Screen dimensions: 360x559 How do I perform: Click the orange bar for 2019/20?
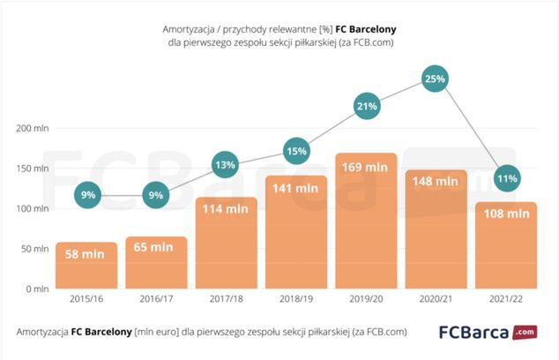pyautogui.click(x=366, y=221)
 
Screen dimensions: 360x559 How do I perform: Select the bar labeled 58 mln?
pyautogui.click(x=86, y=266)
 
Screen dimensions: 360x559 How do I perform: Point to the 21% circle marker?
pyautogui.click(x=366, y=106)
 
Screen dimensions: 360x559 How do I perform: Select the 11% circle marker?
pyautogui.click(x=506, y=177)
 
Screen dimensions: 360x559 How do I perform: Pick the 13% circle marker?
pyautogui.click(x=226, y=165)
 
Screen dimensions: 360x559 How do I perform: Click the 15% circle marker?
pyautogui.click(x=296, y=151)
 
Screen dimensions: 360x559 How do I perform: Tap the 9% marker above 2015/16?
pyautogui.click(x=86, y=195)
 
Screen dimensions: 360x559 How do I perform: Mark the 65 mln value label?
pyautogui.click(x=156, y=248)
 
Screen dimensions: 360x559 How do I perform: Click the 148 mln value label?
pyautogui.click(x=436, y=181)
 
